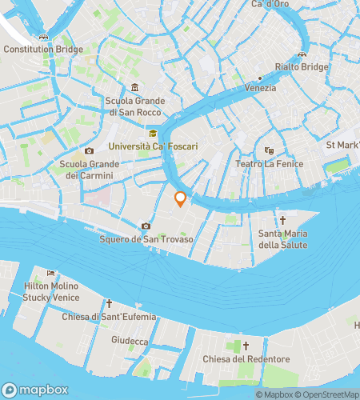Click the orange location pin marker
tap(181, 199)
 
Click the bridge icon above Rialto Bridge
tap(302, 54)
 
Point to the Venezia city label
tap(261, 87)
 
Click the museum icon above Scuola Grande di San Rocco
tap(134, 87)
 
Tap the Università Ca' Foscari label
tap(151, 146)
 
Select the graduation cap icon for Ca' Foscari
tap(152, 133)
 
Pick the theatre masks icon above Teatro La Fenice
tap(269, 150)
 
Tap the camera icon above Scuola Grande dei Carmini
tap(89, 150)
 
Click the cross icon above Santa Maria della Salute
tap(282, 219)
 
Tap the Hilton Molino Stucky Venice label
tap(53, 291)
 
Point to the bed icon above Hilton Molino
tap(52, 274)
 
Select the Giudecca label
tap(130, 341)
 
